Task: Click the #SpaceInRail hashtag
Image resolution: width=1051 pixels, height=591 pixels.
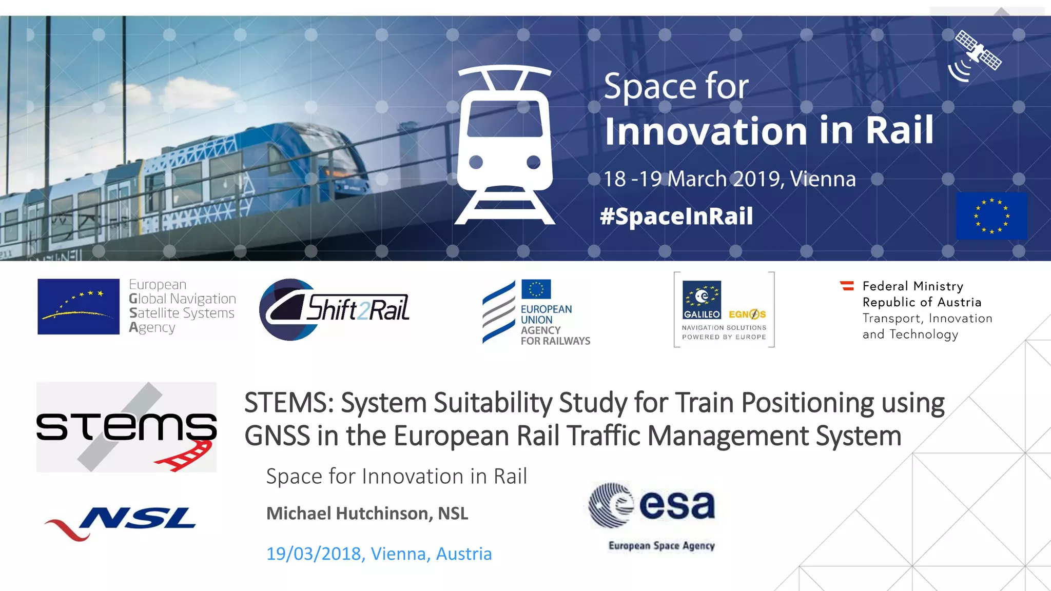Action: [x=676, y=216]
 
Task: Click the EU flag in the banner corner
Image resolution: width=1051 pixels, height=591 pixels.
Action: [x=991, y=216]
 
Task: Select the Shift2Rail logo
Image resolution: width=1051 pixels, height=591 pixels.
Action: [x=335, y=309]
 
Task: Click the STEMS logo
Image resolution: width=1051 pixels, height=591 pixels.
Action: [x=126, y=427]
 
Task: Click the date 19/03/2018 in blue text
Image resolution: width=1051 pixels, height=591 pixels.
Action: [x=314, y=554]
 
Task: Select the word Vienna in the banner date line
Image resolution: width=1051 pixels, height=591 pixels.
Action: [x=823, y=179]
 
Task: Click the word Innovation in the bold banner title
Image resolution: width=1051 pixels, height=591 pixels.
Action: [x=706, y=131]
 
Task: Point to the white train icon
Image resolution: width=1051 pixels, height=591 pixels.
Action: [x=505, y=145]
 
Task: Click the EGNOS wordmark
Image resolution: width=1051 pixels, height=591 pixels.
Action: [x=747, y=314]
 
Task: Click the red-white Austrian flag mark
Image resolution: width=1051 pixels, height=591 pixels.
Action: [x=847, y=286]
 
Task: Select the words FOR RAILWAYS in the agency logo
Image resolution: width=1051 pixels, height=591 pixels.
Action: [x=555, y=341]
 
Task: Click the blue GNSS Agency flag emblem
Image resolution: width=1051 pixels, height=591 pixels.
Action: [x=79, y=307]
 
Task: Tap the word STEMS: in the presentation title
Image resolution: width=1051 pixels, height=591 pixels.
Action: [x=289, y=403]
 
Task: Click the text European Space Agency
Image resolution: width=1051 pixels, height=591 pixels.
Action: [x=661, y=546]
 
